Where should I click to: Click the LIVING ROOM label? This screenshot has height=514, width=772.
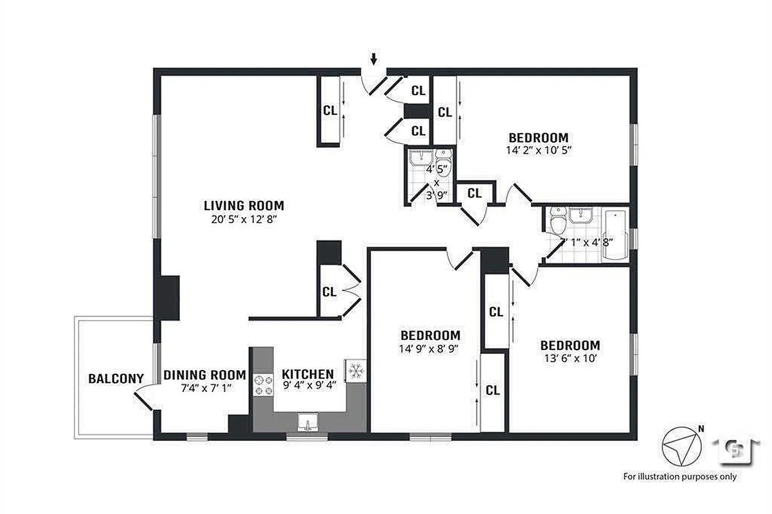click(244, 206)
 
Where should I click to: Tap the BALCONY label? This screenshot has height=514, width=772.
click(116, 378)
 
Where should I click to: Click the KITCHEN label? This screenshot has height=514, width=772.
click(308, 374)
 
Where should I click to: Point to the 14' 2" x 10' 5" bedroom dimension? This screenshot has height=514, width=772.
click(539, 150)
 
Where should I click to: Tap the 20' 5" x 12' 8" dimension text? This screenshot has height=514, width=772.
click(244, 220)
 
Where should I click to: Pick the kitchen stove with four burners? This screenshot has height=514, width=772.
click(263, 384)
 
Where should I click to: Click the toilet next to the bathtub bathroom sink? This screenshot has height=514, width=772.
click(557, 222)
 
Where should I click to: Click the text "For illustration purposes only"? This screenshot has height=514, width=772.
click(679, 477)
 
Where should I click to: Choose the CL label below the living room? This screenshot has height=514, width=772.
click(330, 292)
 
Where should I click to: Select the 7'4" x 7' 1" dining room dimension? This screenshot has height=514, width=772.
click(204, 388)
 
